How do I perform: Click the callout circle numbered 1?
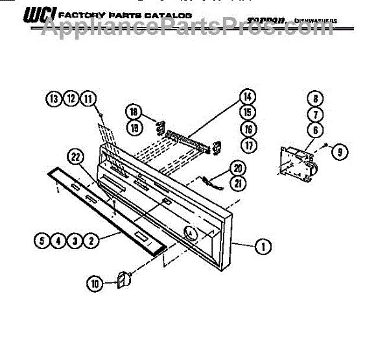264,246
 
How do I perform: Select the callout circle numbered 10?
95,283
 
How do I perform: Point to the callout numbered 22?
76,156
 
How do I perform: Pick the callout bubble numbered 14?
246,97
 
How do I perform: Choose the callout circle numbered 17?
246,144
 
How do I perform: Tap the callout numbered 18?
134,110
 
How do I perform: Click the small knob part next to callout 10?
121,278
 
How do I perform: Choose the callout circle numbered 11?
88,99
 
